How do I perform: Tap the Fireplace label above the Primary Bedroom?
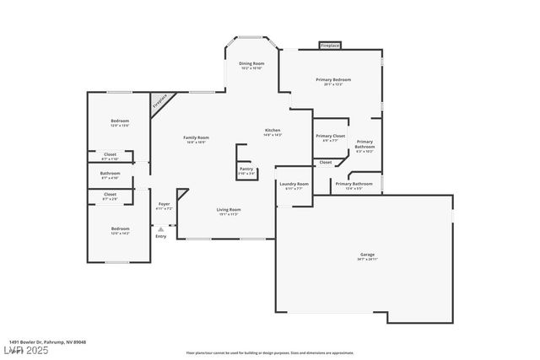pyautogui.click(x=330, y=45)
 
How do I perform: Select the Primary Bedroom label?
pyautogui.click(x=333, y=81)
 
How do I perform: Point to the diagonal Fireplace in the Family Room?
pyautogui.click(x=159, y=104)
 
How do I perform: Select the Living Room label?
pyautogui.click(x=229, y=211)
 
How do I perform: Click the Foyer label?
pyautogui.click(x=165, y=205)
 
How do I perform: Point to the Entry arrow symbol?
pyautogui.click(x=160, y=228)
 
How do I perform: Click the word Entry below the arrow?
pyautogui.click(x=160, y=236)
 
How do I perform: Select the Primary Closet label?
pyautogui.click(x=330, y=137)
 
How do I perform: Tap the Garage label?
pyautogui.click(x=367, y=255)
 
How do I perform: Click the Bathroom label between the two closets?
pyautogui.click(x=111, y=175)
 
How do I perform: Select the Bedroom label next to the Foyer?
pyautogui.click(x=120, y=229)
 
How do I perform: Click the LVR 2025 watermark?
pyautogui.click(x=26, y=348)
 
